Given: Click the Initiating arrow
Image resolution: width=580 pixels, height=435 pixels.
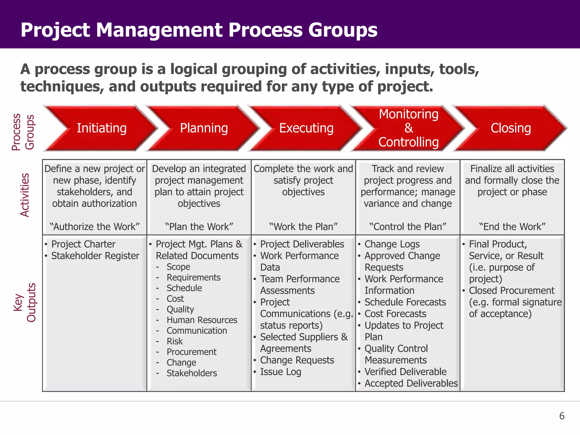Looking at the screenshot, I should point(101,128).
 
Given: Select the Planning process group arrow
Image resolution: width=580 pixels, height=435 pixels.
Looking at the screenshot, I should point(204,128).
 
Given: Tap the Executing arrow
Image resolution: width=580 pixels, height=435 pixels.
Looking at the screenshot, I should point(306,128).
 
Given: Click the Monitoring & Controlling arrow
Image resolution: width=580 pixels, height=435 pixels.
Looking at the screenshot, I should point(408,128).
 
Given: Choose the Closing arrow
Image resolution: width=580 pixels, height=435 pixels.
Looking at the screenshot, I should point(511,128).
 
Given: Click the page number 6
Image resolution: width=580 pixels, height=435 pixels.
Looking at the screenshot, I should point(562,416).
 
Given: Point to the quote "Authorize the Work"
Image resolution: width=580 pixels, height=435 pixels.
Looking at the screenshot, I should point(95,227).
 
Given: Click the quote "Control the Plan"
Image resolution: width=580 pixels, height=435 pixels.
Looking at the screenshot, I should point(408,227).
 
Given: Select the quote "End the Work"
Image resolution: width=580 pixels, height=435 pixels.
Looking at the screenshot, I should point(512,227).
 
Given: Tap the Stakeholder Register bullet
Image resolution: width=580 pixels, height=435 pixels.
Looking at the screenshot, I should point(95,256).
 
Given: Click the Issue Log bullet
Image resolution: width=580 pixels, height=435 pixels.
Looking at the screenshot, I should point(280,372).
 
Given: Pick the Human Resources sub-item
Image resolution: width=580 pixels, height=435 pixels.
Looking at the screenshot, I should point(202,320).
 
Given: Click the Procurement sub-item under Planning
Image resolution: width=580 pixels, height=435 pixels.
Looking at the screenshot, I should point(191,352).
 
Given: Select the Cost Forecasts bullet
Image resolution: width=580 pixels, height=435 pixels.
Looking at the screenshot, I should point(395,314).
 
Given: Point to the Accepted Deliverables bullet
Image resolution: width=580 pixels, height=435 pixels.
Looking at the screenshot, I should point(411,383).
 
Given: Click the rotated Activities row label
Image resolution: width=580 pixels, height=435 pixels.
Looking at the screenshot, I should point(25,195).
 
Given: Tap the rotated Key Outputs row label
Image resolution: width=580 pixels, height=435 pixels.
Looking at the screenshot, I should point(25,302).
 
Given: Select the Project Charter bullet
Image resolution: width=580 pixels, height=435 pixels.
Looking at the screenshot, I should point(83,244).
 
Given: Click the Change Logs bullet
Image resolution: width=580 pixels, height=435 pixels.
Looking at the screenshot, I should point(392,244).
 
